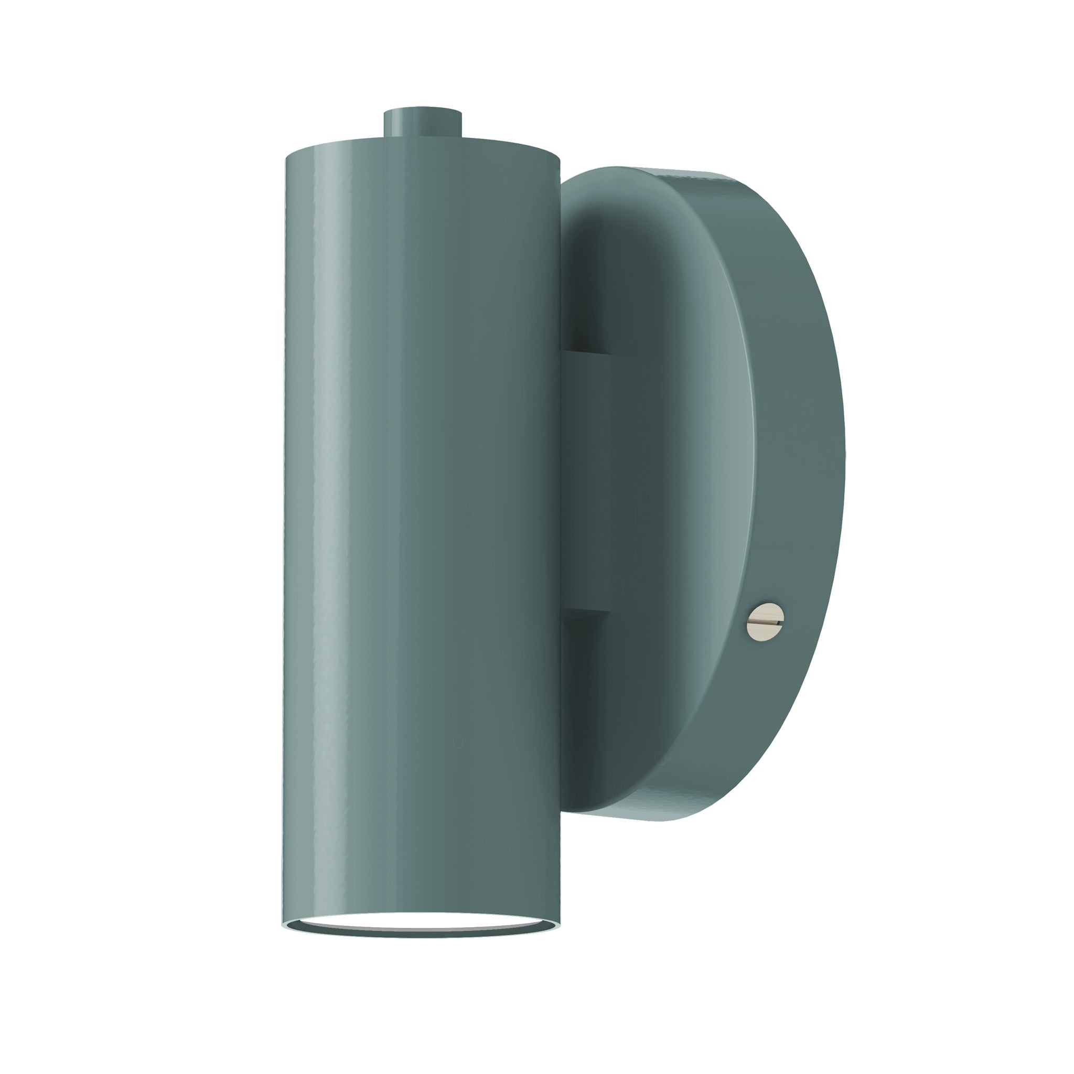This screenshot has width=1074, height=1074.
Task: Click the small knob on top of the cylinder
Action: point(423,122)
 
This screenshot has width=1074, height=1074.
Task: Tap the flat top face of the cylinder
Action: point(423,146)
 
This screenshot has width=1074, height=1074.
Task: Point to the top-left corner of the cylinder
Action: point(287,158)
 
